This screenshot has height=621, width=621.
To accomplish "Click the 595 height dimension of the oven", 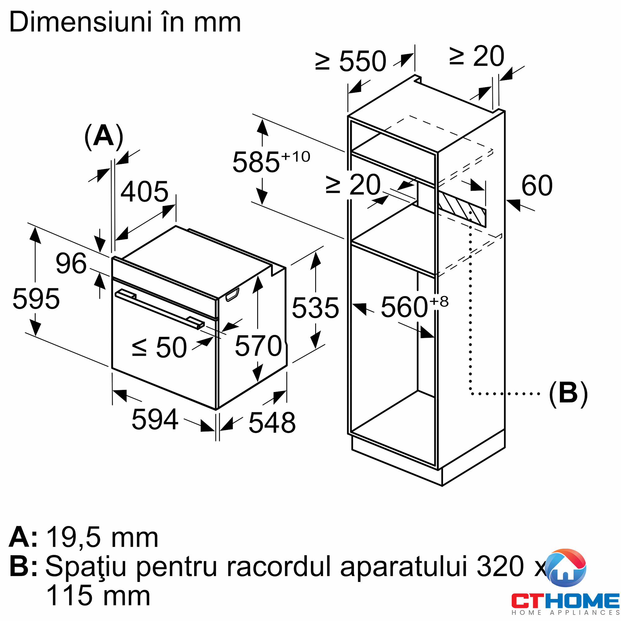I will tap(36, 299).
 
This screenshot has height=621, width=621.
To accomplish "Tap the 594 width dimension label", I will tap(155, 419).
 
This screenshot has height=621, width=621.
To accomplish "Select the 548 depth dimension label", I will tap(272, 423).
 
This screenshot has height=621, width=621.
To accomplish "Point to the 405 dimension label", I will tap(144, 192).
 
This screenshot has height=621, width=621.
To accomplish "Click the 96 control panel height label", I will tap(71, 264).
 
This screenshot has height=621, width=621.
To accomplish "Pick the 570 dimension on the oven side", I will tap(258, 346).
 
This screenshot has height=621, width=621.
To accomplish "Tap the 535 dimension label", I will tap(315, 308).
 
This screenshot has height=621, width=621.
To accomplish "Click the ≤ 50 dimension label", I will tap(159, 347).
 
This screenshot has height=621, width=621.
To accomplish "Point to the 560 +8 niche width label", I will tap(414, 307).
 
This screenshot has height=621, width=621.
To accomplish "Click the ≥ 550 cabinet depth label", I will tap(351, 61).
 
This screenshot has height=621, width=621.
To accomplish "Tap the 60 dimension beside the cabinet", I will tap(537, 185).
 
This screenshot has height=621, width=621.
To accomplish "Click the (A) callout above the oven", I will tap(103, 136).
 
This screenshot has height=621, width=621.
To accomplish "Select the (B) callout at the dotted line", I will tap(568, 393).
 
